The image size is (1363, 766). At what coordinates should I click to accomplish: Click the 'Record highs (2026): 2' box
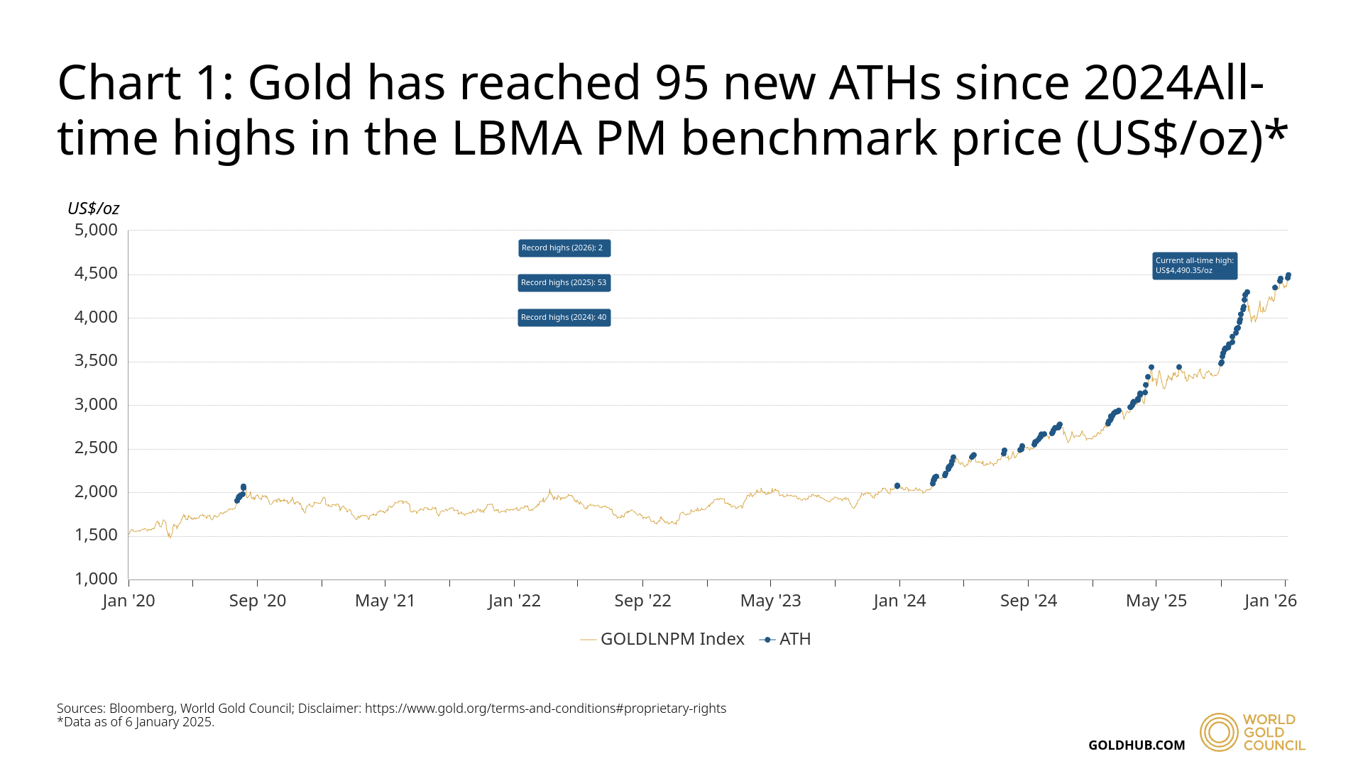[x=564, y=248]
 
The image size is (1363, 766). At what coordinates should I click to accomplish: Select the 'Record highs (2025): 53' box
[x=564, y=283]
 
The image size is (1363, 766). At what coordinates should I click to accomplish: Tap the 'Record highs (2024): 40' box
[x=564, y=318]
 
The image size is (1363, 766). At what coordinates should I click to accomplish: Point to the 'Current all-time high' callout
[x=1195, y=266]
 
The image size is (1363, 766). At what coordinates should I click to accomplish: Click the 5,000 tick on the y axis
[x=96, y=230]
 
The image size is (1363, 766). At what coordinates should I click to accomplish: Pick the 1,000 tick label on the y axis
[x=96, y=579]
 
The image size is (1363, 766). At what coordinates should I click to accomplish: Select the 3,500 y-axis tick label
[x=96, y=361]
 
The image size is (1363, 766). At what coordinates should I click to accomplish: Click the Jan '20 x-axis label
[x=128, y=601]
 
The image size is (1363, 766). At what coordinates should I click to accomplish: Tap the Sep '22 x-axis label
[x=642, y=601]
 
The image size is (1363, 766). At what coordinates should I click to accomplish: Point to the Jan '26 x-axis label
[x=1271, y=601]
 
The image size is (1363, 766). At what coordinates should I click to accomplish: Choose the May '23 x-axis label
[x=771, y=601]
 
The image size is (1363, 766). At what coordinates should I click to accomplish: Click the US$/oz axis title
[x=93, y=209]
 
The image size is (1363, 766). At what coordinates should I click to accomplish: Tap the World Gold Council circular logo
[x=1219, y=732]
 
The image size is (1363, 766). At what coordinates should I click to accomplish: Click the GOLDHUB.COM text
[x=1137, y=745]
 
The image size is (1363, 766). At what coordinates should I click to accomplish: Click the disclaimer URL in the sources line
[x=545, y=709]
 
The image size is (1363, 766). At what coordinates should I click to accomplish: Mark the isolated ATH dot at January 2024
[x=897, y=486]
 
